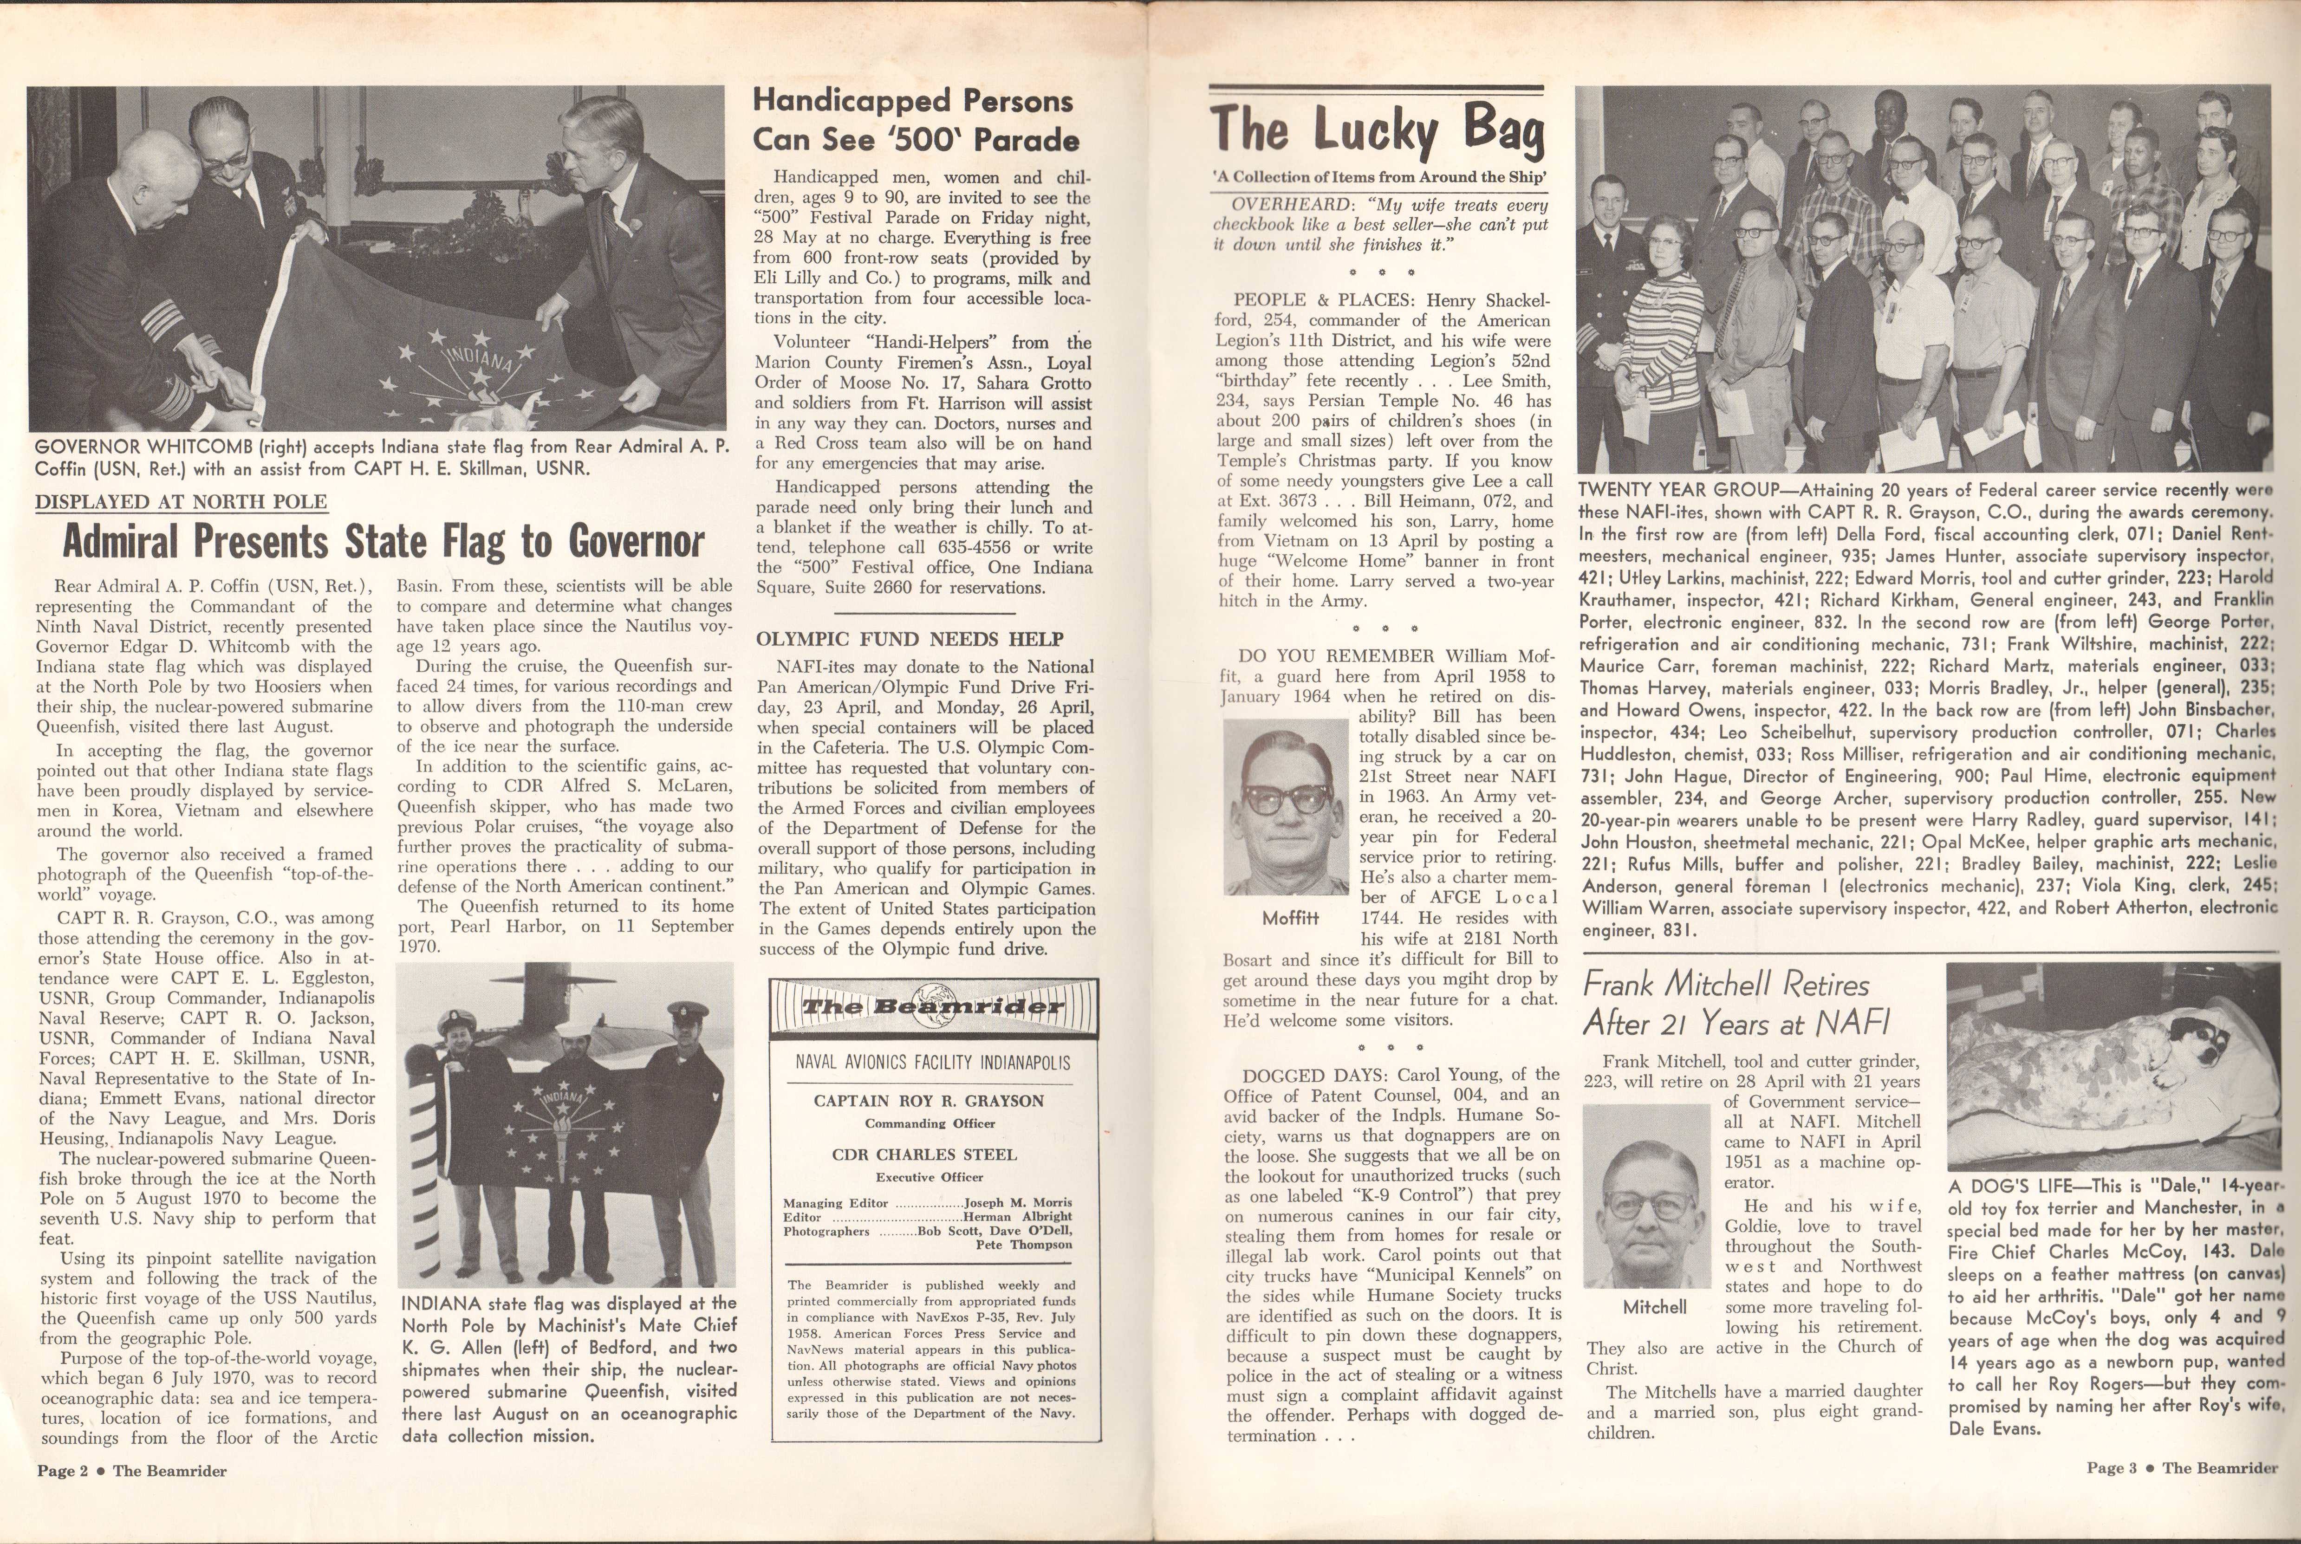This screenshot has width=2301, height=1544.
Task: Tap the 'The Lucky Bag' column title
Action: pyautogui.click(x=1377, y=129)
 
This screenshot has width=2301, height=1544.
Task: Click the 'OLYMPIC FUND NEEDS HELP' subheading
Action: pyautogui.click(x=910, y=639)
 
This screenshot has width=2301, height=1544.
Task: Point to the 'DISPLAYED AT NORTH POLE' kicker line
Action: pyautogui.click(x=181, y=501)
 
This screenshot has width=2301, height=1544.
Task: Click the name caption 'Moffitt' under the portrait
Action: pyautogui.click(x=1290, y=918)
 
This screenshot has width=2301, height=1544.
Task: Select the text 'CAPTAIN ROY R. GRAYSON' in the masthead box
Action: pyautogui.click(x=929, y=1101)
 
